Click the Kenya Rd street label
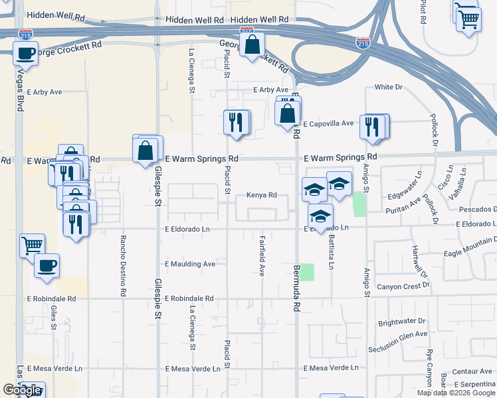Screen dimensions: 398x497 (261, 195)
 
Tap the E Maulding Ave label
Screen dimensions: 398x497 (191, 264)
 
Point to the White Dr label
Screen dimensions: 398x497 (389, 87)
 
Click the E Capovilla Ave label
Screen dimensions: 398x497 (329, 123)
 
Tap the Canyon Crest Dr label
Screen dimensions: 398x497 (403, 286)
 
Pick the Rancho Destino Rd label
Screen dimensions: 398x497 (123, 265)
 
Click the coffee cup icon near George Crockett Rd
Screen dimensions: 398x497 (25, 53)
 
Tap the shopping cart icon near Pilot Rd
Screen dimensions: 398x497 (468, 19)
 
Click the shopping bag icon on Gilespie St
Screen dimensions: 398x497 (146, 150)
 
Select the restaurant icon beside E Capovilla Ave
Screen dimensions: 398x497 (373, 126)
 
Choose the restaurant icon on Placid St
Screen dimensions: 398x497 (236, 122)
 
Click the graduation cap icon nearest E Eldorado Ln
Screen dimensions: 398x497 (320, 217)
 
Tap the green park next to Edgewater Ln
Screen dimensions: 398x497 (359, 204)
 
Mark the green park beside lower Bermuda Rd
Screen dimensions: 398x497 (306, 272)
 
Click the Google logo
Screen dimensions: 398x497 (22, 390)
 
